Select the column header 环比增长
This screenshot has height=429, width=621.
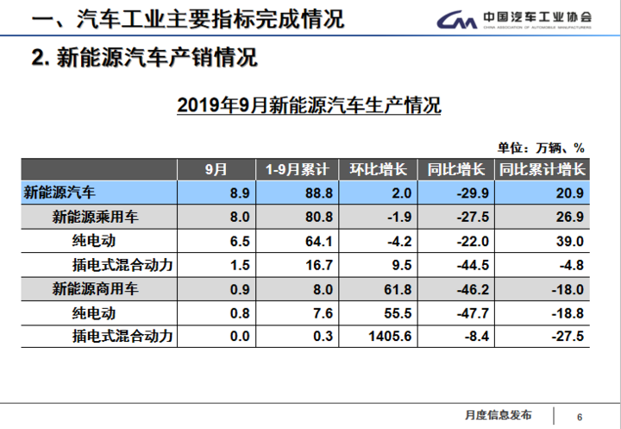click(x=377, y=169)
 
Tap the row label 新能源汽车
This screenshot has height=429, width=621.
click(x=60, y=192)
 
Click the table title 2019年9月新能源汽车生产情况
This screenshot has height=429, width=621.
click(x=309, y=106)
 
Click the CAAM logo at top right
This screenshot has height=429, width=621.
click(x=514, y=19)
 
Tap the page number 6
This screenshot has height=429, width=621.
click(x=580, y=413)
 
